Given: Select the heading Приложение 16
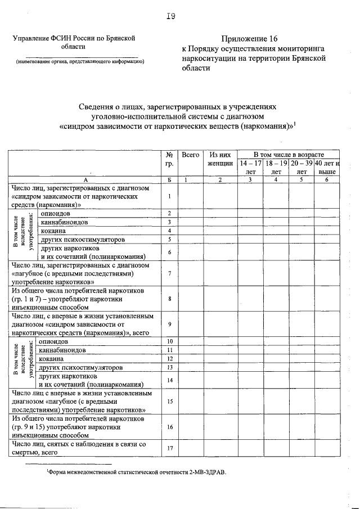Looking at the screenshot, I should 250,39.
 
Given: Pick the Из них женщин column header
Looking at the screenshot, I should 220,159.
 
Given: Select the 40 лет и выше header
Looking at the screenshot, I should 327,167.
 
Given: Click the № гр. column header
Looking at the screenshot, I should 169,159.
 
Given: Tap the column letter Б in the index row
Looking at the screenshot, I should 169,179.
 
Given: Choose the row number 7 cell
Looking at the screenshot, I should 169,274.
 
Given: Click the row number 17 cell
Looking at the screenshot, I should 169,448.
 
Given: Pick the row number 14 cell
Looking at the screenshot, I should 169,380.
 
